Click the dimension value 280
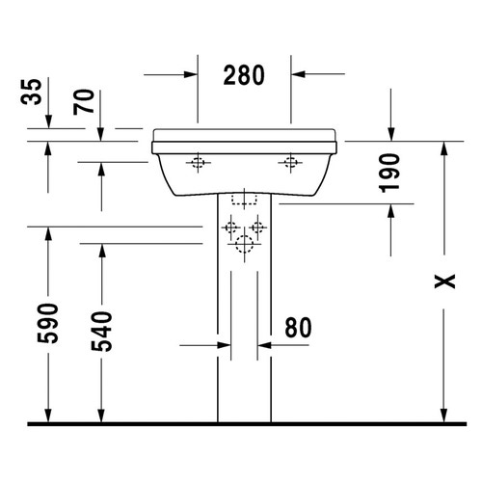pos(244,74)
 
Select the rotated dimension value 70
pos(87,101)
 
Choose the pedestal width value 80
pos(299,328)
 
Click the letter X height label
pos(442,280)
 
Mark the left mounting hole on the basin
pos(200,163)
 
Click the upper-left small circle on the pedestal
pos(230,228)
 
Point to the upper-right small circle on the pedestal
pos(259,228)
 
